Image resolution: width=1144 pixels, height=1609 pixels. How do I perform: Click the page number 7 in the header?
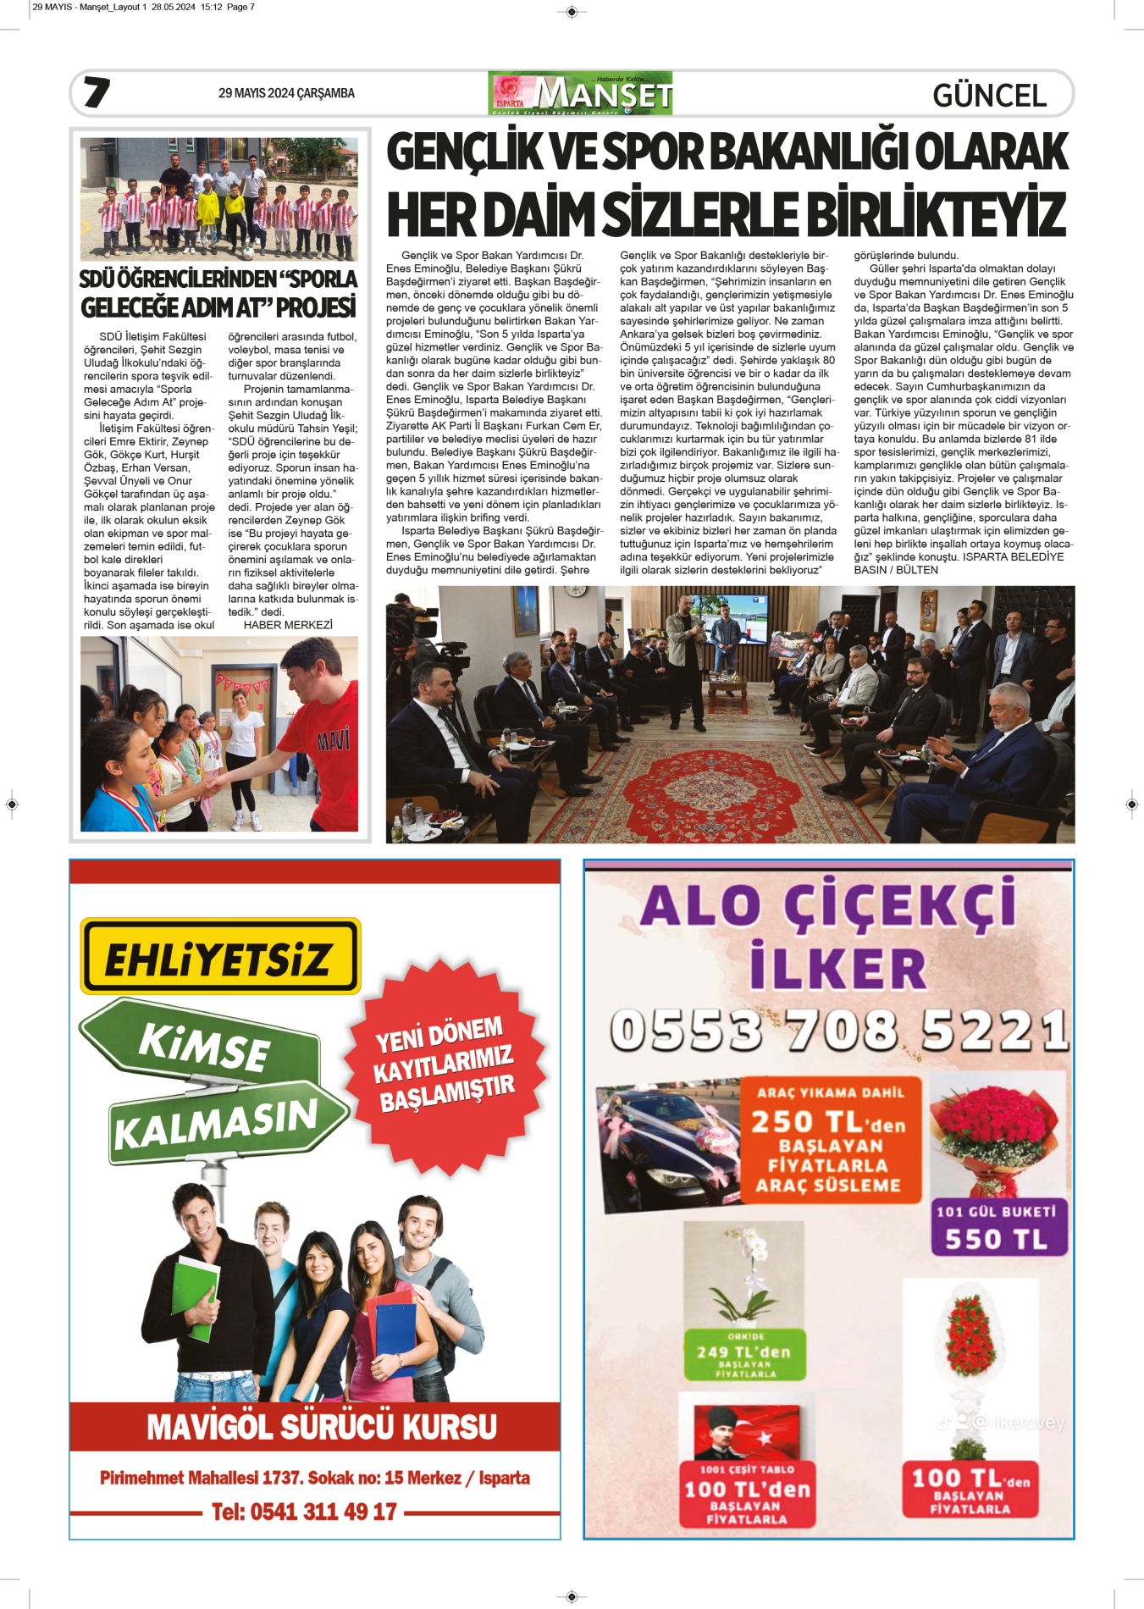click(97, 92)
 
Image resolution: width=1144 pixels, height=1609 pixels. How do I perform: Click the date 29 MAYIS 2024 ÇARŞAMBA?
click(286, 93)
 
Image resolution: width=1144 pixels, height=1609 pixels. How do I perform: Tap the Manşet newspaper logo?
click(580, 93)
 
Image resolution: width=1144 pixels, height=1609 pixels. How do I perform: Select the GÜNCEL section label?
click(989, 96)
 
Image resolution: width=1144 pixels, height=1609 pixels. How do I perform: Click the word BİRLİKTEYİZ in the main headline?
click(923, 213)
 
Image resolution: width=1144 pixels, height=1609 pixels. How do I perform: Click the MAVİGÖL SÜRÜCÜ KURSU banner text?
click(322, 1427)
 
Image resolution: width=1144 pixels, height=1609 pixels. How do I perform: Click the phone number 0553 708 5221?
click(838, 1030)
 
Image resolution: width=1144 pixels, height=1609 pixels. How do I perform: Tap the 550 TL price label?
click(997, 1239)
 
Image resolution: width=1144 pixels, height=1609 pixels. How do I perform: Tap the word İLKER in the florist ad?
click(838, 968)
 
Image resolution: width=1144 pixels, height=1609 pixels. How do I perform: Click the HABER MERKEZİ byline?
click(288, 625)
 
